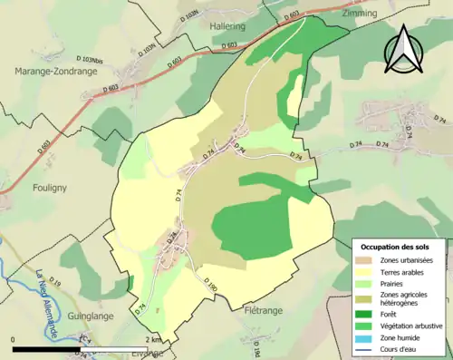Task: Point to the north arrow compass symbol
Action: coord(402,48)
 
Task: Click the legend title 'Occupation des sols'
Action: coord(397,247)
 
